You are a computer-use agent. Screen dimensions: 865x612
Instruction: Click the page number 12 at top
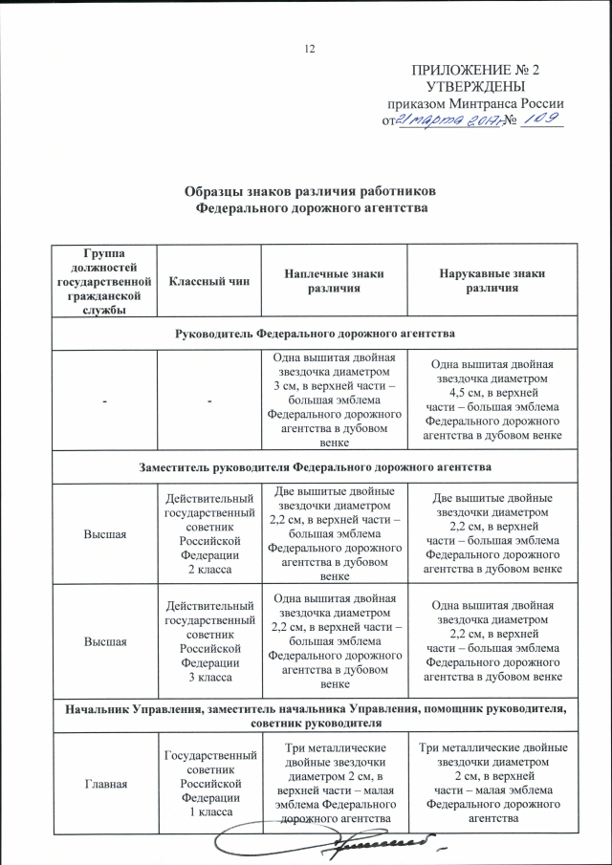tap(309, 49)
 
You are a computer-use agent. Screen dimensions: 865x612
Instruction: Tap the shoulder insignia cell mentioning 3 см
tap(334, 400)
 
